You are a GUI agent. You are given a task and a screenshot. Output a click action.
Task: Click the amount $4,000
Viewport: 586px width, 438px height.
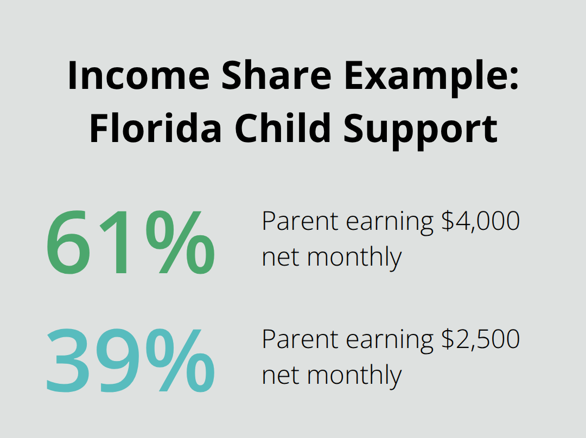click(480, 221)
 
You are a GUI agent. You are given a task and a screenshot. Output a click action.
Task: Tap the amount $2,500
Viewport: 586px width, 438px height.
click(480, 339)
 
